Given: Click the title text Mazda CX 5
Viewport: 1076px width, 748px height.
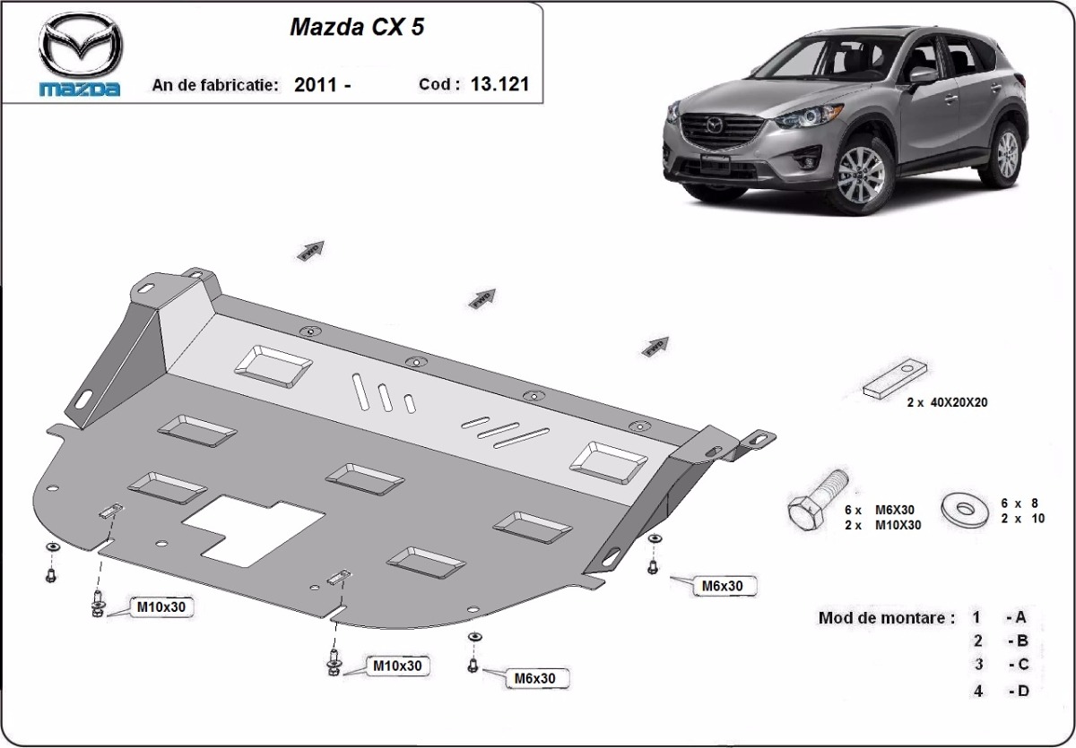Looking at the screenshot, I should [x=357, y=27].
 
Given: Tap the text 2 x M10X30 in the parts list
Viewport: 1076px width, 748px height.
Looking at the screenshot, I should [x=882, y=525].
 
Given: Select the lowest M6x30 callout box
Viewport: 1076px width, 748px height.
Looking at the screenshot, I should [x=534, y=678].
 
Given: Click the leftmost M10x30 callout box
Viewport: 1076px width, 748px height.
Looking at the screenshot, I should [x=161, y=606].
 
